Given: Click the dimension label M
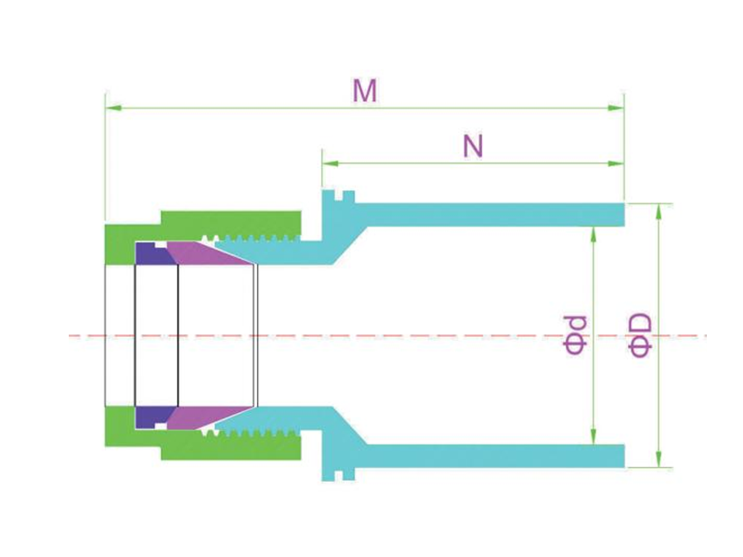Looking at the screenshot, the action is pyautogui.click(x=365, y=90).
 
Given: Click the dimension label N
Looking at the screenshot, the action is pyautogui.click(x=473, y=146).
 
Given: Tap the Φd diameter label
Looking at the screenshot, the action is pyautogui.click(x=575, y=335).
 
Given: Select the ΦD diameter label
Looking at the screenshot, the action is pyautogui.click(x=640, y=335).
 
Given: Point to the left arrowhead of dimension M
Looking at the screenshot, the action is pyautogui.click(x=113, y=108).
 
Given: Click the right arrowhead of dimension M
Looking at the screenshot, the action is pyautogui.click(x=616, y=108).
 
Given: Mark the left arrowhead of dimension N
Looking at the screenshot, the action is pyautogui.click(x=331, y=163).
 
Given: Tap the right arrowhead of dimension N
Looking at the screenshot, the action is pyautogui.click(x=616, y=163).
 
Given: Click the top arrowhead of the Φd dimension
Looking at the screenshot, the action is pyautogui.click(x=593, y=235).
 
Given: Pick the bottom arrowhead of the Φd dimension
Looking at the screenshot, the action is pyautogui.click(x=593, y=436).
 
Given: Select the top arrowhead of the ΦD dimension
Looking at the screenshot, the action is pyautogui.click(x=658, y=213).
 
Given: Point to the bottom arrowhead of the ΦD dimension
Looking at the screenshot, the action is pyautogui.click(x=658, y=459).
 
